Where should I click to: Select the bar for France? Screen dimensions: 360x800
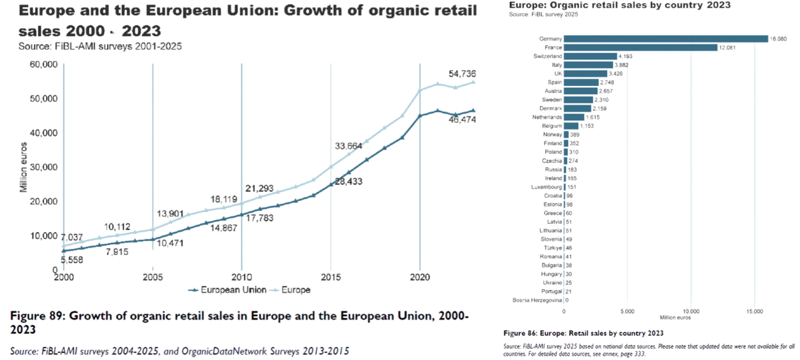[x=641, y=47]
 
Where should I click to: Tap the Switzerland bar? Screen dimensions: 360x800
[x=590, y=56]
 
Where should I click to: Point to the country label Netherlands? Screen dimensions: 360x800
[x=547, y=117]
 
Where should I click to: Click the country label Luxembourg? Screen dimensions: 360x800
[x=547, y=187]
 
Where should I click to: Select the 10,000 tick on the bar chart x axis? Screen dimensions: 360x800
[x=691, y=310]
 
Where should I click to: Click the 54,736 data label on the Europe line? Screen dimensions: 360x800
[x=462, y=74]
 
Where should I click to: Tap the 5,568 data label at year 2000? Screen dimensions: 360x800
[x=71, y=260]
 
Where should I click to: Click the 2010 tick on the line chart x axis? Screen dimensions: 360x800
[x=242, y=277]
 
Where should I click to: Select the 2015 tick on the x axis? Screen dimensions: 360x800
[x=331, y=277]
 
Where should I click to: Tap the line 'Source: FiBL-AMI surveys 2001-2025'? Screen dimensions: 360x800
[x=100, y=46]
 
